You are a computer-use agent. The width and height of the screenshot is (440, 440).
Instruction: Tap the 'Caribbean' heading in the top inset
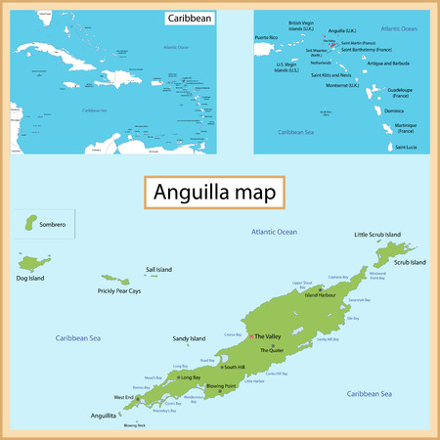tap(188, 19)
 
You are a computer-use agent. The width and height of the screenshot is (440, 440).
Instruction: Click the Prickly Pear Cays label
tap(119, 290)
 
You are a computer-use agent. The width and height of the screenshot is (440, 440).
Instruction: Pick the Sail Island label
tap(158, 269)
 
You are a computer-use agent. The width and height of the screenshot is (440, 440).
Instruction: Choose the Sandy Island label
tap(189, 338)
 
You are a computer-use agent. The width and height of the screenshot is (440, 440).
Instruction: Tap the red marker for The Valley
tap(251, 336)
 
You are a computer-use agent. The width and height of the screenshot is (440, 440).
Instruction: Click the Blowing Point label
tap(217, 385)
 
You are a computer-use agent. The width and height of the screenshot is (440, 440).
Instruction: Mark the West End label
tap(124, 397)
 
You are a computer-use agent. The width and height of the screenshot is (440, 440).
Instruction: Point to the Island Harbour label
tap(320, 294)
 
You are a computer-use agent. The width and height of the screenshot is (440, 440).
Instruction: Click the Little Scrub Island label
tap(376, 235)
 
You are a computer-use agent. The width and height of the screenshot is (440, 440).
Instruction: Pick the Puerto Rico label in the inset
tap(267, 37)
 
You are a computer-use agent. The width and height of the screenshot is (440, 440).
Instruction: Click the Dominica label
tap(394, 110)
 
